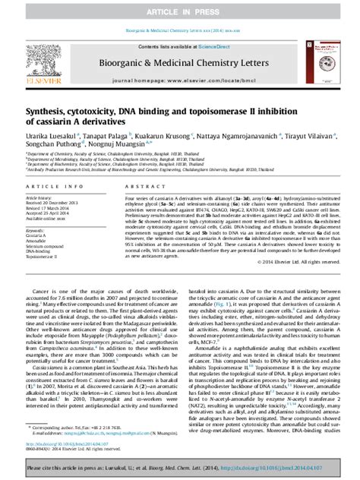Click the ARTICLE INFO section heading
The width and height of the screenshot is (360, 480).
[49, 186]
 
